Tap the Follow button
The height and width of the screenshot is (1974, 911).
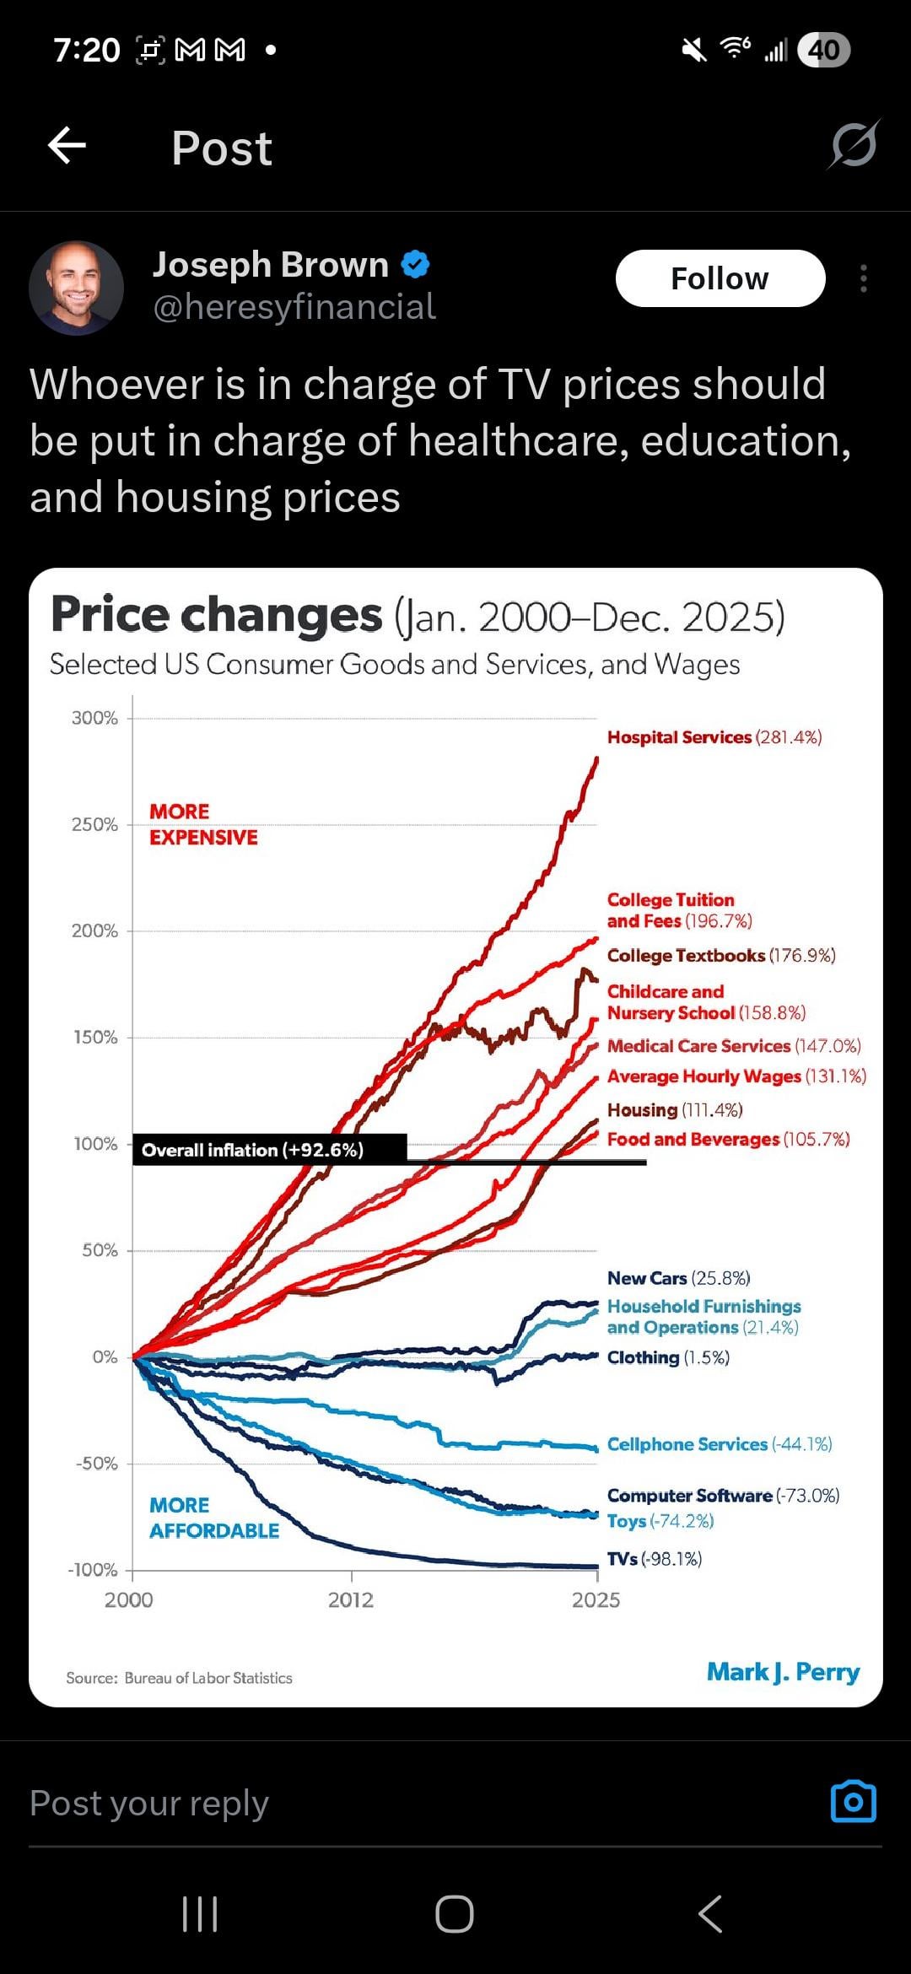[720, 278]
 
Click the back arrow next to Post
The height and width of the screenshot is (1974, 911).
[67, 146]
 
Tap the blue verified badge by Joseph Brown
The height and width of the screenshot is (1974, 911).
[415, 265]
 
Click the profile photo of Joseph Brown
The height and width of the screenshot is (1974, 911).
[77, 288]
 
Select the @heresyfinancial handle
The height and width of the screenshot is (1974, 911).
[294, 307]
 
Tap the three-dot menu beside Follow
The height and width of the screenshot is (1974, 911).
[863, 278]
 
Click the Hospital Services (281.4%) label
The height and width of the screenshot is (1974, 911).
[714, 737]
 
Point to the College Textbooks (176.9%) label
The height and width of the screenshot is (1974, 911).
[721, 955]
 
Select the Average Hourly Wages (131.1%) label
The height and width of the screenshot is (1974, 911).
[736, 1076]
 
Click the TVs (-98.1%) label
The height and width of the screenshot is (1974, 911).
[655, 1559]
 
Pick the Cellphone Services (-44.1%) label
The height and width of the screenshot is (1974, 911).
[720, 1444]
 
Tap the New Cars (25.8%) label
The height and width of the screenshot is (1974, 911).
[678, 1278]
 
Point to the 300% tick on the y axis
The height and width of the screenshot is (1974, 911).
[94, 718]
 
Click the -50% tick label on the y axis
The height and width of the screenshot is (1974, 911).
[97, 1464]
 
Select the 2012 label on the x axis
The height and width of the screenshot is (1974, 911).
[351, 1600]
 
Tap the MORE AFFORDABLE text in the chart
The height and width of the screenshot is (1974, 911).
[213, 1518]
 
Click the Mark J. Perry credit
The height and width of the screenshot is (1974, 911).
[783, 1672]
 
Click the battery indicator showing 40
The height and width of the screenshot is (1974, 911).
[823, 51]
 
